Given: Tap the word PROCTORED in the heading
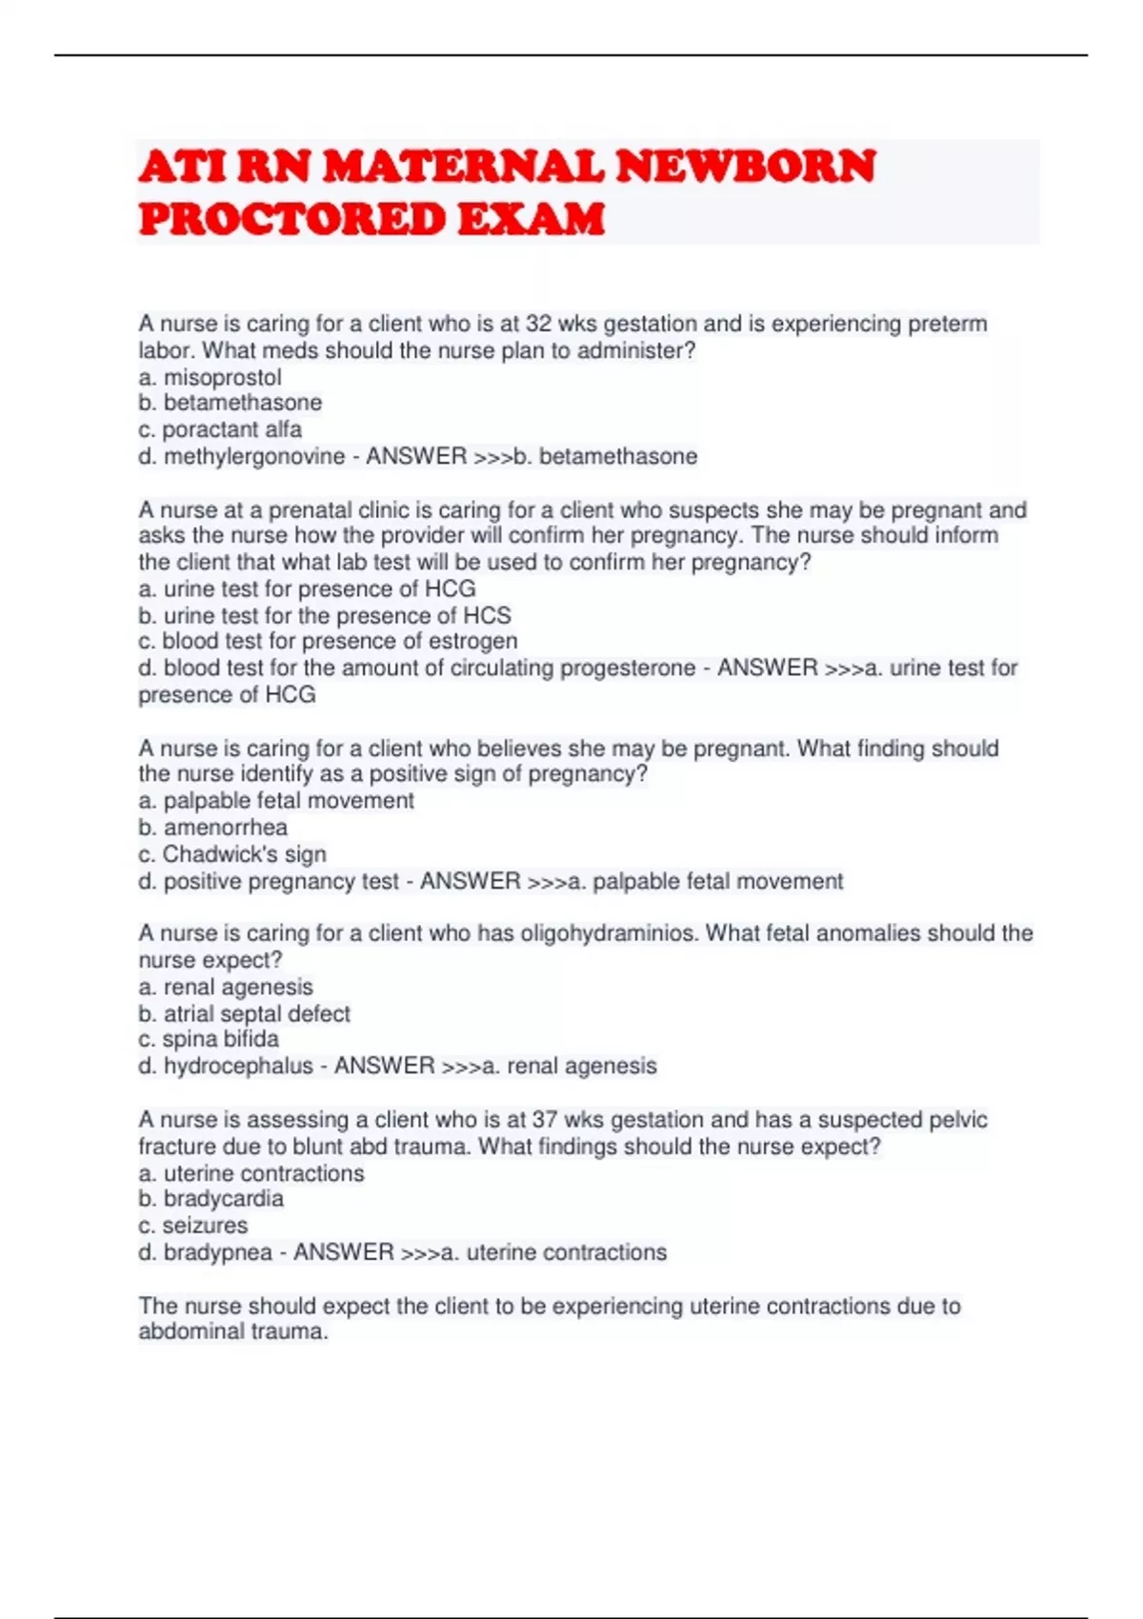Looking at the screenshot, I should (292, 219).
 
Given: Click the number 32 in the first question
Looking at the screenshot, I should (538, 324).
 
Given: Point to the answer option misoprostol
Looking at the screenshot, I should (222, 377).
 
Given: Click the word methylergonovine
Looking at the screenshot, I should (254, 456).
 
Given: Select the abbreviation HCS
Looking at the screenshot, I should (487, 615).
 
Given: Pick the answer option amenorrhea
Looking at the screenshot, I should (225, 828).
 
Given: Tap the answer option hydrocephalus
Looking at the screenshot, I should (238, 1066).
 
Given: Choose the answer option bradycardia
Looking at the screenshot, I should (223, 1199).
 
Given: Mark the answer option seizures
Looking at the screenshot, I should (205, 1226).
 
